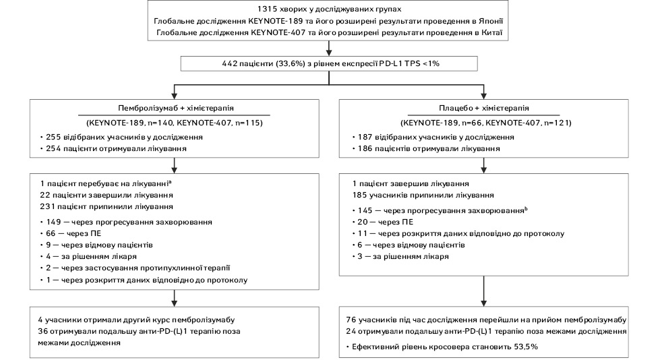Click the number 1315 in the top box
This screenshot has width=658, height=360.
click(267, 9)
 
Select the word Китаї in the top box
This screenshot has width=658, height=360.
click(491, 33)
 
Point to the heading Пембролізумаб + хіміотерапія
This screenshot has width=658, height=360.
click(176, 108)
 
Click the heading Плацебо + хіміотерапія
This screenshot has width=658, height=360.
click(484, 108)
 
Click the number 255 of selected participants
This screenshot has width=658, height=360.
click(53, 138)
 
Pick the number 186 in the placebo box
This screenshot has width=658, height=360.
click(365, 148)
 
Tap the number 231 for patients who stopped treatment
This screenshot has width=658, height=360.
click(47, 206)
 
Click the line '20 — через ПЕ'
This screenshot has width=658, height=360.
click(383, 222)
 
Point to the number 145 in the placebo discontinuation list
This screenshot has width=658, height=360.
click(365, 210)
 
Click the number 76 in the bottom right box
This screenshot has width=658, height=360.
click(351, 320)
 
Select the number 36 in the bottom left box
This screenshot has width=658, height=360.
click(42, 332)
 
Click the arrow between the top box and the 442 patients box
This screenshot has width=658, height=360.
click(329, 49)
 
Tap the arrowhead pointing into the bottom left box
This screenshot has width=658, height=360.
click(174, 303)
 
